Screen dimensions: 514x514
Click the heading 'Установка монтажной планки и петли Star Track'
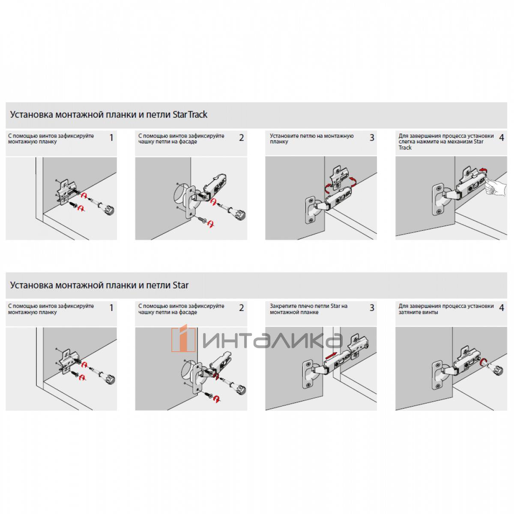(x=108, y=115)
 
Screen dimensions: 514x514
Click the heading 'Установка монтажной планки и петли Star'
(x=99, y=285)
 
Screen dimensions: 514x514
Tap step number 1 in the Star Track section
(x=111, y=137)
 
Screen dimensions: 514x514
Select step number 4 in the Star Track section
(x=502, y=137)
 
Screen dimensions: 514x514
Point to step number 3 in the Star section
(x=372, y=308)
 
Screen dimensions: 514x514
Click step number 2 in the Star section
(x=242, y=308)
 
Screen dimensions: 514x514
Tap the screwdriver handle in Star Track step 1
(x=107, y=209)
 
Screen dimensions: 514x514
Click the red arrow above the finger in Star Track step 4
(x=483, y=171)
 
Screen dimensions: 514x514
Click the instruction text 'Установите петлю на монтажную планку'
(x=311, y=139)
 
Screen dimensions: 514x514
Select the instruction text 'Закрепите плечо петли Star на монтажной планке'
(x=308, y=309)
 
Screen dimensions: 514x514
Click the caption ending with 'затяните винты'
(x=446, y=309)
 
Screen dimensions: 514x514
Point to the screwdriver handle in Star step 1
(x=107, y=377)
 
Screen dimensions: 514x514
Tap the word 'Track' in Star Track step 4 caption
(x=405, y=147)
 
